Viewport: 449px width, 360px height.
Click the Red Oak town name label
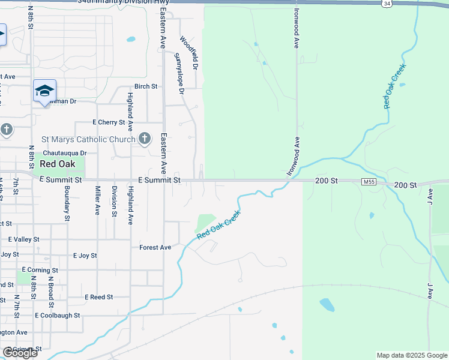click(x=58, y=164)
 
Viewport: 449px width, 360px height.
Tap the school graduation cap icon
click(x=44, y=91)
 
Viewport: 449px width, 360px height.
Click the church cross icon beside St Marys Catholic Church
click(x=144, y=139)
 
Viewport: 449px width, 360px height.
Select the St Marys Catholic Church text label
click(x=88, y=140)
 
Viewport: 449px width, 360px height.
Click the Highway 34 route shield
click(x=387, y=4)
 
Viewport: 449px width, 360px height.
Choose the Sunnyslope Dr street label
click(x=179, y=73)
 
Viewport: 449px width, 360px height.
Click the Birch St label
click(x=146, y=86)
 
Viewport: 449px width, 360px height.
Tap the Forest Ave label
click(x=155, y=247)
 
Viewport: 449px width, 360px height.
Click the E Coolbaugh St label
click(x=58, y=315)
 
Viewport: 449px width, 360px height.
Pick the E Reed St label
click(x=99, y=297)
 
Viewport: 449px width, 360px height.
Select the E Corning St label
click(x=40, y=271)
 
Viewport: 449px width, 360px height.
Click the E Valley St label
click(x=23, y=239)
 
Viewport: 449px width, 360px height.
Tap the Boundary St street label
click(x=67, y=198)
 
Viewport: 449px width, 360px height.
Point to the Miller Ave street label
click(x=97, y=200)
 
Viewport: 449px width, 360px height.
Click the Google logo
click(x=20, y=353)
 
